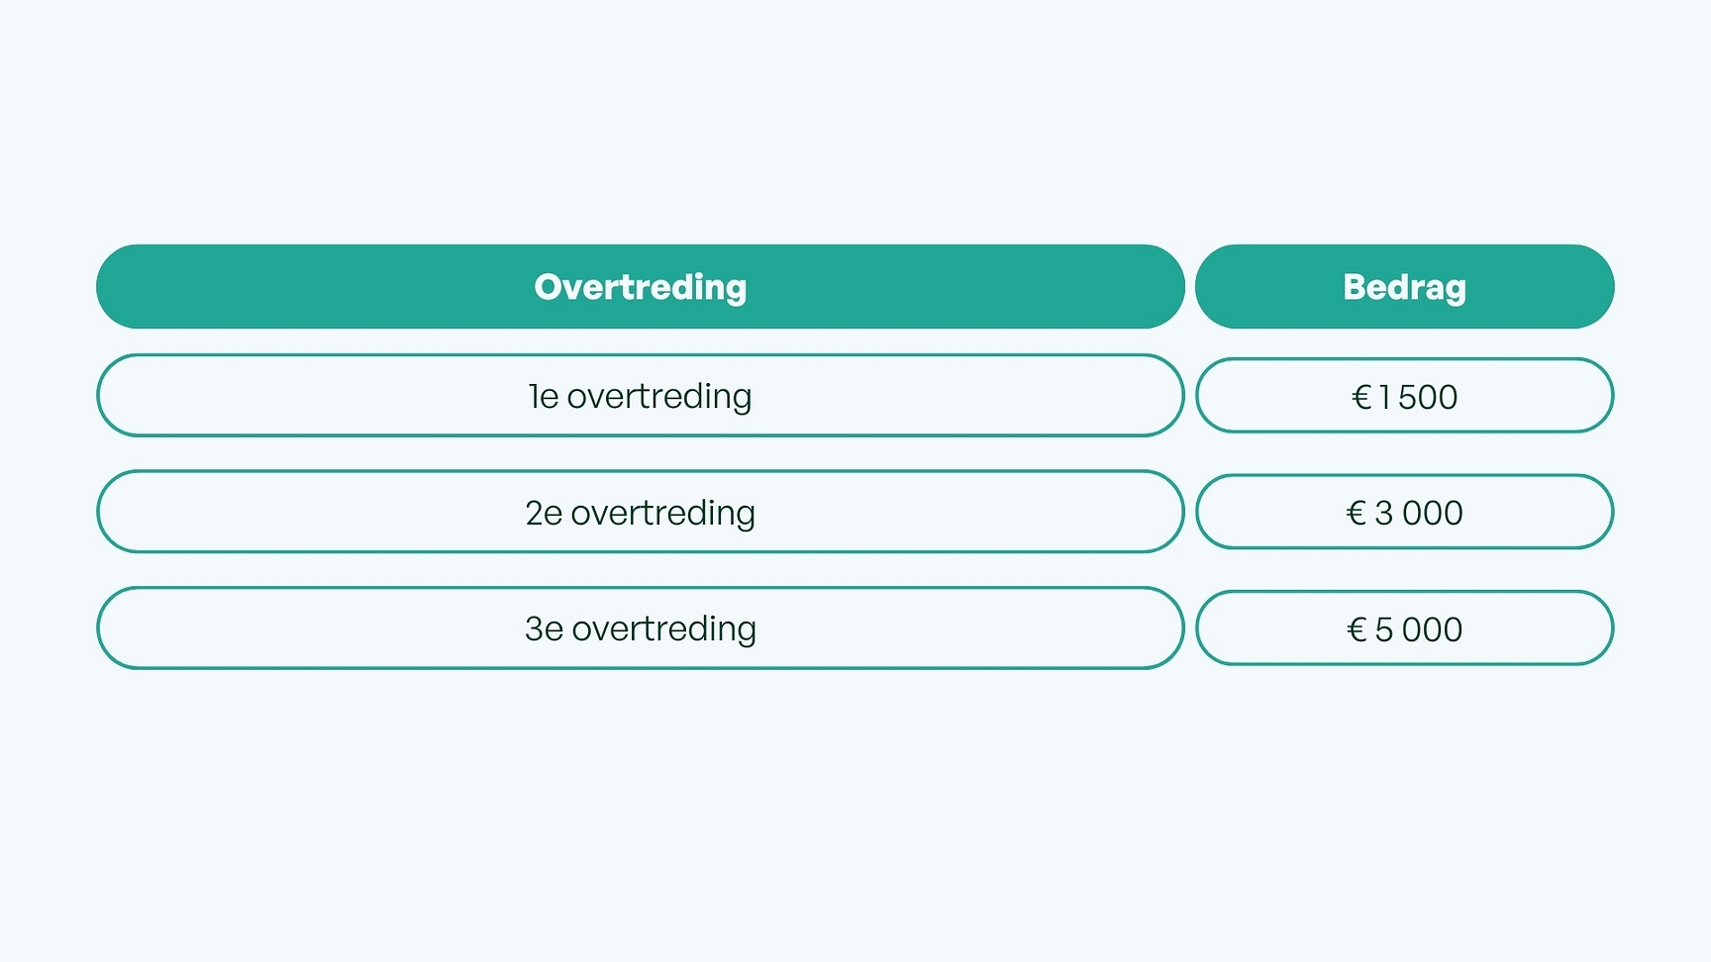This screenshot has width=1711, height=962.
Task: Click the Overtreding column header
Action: (x=641, y=286)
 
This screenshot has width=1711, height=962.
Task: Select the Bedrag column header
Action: (x=1404, y=286)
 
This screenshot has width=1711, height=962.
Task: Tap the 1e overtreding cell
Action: (x=641, y=395)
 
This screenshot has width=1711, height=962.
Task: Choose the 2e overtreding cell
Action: (x=641, y=512)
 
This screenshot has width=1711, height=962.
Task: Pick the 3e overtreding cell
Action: (x=641, y=628)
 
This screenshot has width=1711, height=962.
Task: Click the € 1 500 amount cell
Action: (x=1404, y=396)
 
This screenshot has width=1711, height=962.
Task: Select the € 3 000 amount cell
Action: (x=1404, y=512)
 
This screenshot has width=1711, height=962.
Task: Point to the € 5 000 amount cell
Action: (x=1404, y=628)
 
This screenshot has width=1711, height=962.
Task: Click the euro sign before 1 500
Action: (x=1361, y=397)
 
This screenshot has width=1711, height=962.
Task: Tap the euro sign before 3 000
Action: (x=1357, y=513)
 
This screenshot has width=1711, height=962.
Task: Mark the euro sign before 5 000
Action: (x=1358, y=629)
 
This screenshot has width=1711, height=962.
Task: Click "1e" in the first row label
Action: (x=544, y=396)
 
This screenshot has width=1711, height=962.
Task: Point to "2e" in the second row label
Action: (x=544, y=513)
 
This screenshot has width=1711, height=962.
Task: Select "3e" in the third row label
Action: (x=544, y=628)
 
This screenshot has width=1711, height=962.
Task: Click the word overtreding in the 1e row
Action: (x=659, y=397)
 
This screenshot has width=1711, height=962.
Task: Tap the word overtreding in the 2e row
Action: (x=663, y=514)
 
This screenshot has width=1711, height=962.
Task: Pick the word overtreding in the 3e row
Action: (x=664, y=629)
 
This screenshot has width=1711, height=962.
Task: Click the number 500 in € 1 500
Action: (x=1428, y=397)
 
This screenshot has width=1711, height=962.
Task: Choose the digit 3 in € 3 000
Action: (x=1384, y=513)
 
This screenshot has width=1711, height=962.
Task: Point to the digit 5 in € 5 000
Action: (x=1384, y=629)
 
